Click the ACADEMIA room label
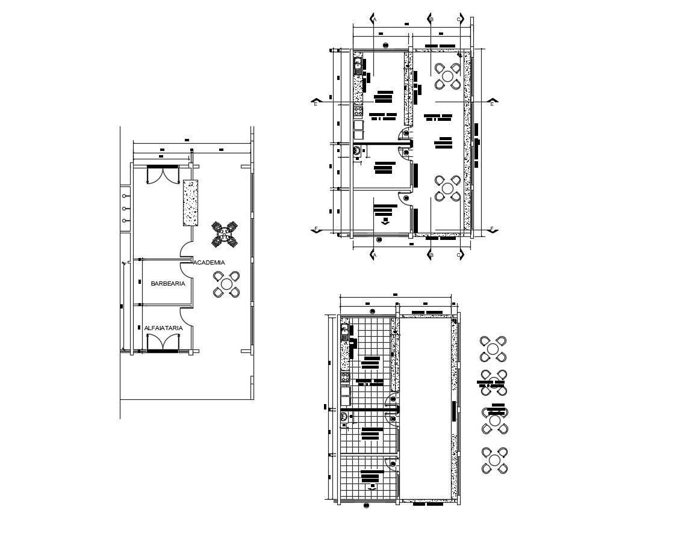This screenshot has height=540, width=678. [x=209, y=262]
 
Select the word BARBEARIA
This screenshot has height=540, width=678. [x=168, y=283]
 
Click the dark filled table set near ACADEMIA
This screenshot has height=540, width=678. [x=225, y=233]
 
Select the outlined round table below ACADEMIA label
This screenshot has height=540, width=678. [x=226, y=284]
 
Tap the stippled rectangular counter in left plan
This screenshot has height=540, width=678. [x=191, y=203]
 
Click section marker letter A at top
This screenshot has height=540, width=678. [x=375, y=19]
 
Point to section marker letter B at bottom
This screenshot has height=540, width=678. [x=432, y=256]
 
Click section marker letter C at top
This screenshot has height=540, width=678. [x=459, y=19]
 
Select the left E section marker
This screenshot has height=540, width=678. [x=316, y=103]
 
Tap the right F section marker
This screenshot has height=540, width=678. [x=492, y=229]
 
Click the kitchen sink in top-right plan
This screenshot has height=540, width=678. [x=358, y=64]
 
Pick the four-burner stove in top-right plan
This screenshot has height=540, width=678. [x=358, y=111]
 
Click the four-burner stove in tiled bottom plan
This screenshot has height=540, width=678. [x=346, y=378]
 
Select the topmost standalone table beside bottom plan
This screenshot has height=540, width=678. [x=493, y=348]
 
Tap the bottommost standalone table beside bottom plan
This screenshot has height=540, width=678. [x=494, y=460]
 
